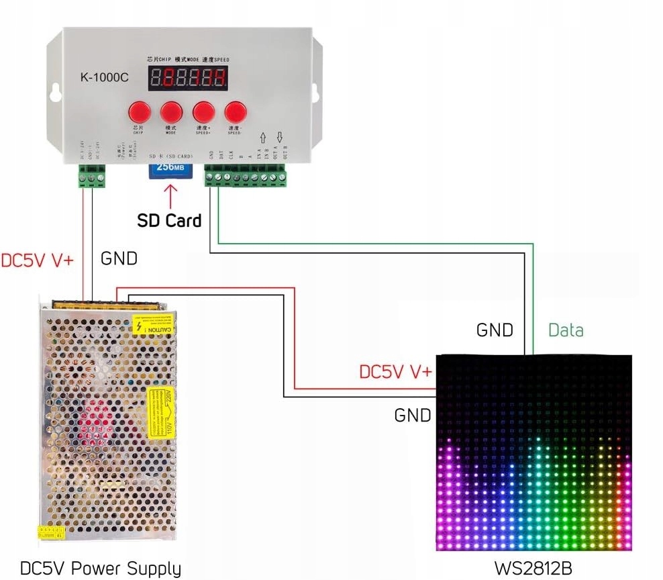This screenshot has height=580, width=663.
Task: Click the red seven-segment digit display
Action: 188,79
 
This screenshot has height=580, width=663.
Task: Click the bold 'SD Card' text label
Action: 169,220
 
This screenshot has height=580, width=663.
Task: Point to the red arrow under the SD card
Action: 170,196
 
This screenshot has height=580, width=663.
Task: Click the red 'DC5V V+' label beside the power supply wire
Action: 38,260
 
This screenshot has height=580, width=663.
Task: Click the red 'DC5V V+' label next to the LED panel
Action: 396,372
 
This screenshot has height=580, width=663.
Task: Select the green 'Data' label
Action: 566,330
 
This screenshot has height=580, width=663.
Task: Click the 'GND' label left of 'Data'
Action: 495,330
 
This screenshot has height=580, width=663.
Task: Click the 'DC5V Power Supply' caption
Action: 101,569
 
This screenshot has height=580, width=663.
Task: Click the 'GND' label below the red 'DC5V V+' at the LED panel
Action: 413,416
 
